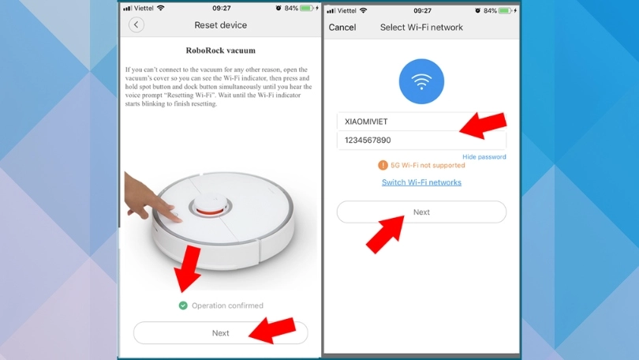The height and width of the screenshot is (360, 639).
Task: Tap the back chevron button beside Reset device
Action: [x=136, y=25]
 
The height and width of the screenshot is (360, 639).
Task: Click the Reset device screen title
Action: [x=221, y=25]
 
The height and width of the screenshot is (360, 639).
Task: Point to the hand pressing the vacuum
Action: [x=149, y=201]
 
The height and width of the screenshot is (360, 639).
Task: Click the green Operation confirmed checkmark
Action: [x=183, y=306]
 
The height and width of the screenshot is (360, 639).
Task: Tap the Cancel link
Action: [x=342, y=28]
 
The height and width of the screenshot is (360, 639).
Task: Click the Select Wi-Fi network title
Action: [x=421, y=28]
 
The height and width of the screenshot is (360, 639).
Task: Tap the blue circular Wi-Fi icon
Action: [x=421, y=82]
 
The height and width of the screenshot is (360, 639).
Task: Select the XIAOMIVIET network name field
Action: [x=394, y=122]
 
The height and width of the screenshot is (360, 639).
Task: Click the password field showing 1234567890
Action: [x=394, y=141]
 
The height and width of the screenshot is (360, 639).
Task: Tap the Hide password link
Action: [x=484, y=157]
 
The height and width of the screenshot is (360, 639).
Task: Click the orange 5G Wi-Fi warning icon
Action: [x=383, y=166]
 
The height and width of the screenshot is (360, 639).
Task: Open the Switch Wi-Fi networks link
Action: [x=421, y=182]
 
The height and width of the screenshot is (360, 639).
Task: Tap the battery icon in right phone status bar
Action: [x=506, y=10]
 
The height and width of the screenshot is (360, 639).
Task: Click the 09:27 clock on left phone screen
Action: [x=221, y=8]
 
